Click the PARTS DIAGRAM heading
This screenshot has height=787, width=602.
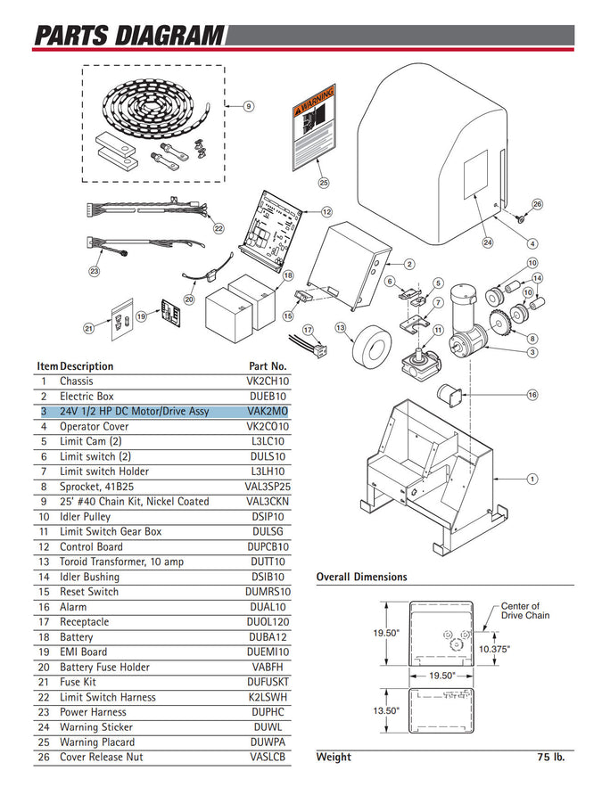pos(128,36)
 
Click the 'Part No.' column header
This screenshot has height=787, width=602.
pos(268,366)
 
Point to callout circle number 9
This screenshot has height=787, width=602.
pos(250,106)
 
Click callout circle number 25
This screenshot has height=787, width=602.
pos(323,183)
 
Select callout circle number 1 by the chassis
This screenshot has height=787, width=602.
pos(532,480)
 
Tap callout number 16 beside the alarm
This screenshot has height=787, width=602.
pos(532,394)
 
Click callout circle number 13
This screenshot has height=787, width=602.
pos(340,328)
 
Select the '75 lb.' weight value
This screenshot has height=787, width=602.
pos(551,758)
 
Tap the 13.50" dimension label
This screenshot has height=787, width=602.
pos(385,710)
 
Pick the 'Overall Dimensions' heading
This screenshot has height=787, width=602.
pos(361,577)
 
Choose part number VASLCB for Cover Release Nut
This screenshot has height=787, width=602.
pos(268,757)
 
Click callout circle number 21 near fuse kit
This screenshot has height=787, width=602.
pos(88,329)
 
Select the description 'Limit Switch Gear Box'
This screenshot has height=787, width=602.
pos(111,531)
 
